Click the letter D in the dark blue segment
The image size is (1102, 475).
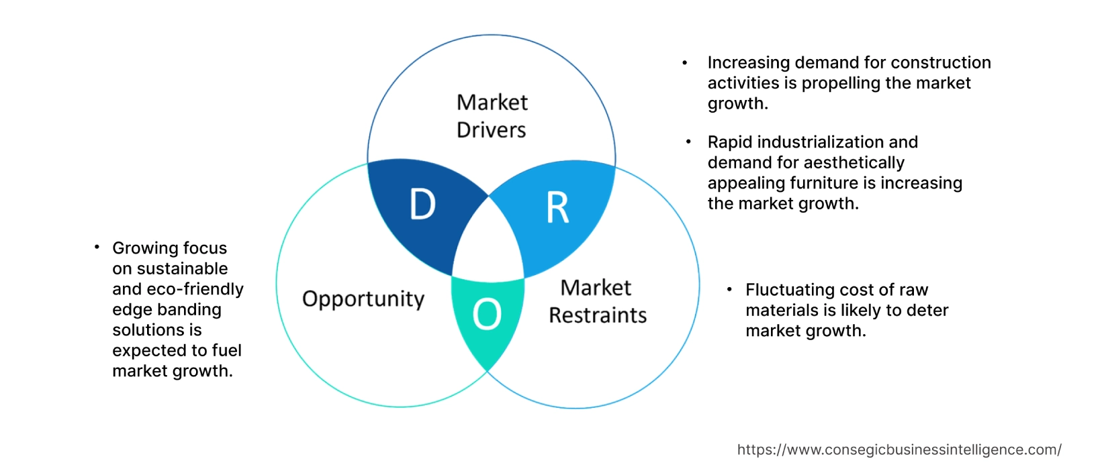422,205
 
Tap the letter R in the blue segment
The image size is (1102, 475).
557,208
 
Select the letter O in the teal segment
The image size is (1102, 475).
487,314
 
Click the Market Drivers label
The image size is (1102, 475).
492,116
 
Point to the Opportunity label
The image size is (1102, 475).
363,299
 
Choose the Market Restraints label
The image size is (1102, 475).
597,302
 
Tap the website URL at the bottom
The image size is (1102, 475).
899,450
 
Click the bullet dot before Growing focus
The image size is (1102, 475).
97,248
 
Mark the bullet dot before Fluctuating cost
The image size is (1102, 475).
729,289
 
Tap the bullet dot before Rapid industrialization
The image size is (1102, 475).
688,142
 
